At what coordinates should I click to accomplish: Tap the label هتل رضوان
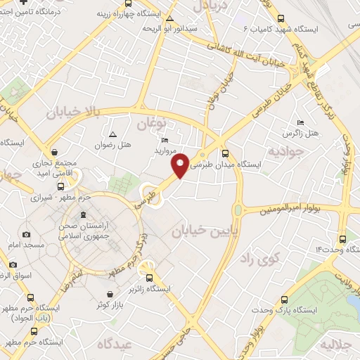(x=113, y=145)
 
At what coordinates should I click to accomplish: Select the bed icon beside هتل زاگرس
(x=301, y=122)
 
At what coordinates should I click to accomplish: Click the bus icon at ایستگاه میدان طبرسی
(x=225, y=153)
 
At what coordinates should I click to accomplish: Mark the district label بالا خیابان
(x=74, y=112)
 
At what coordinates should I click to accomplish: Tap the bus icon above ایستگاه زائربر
(x=148, y=277)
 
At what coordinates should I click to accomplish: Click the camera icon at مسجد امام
(x=27, y=234)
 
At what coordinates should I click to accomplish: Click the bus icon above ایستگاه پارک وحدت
(x=284, y=299)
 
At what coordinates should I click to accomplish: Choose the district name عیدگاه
(x=113, y=344)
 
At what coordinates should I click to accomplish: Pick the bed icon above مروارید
(x=165, y=140)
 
